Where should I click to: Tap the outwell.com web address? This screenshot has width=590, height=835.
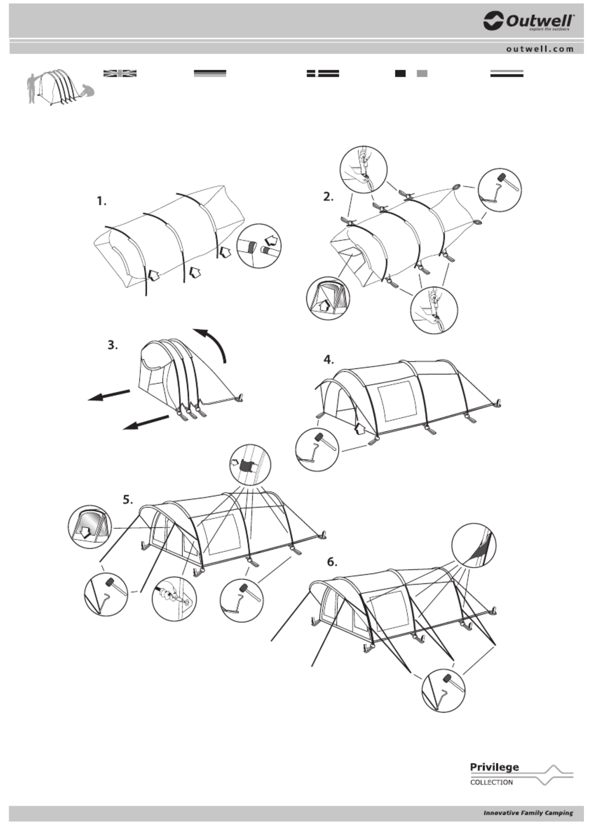[x=540, y=49]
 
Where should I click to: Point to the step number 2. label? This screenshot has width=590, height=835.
[x=329, y=197]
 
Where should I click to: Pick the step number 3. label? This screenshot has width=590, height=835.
[x=113, y=345]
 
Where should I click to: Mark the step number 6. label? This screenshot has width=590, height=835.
[x=332, y=562]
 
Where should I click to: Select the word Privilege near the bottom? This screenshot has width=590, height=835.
[x=494, y=767]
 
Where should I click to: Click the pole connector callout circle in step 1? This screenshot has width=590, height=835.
[x=259, y=246]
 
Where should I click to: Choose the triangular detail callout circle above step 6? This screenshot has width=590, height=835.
[x=474, y=545]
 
